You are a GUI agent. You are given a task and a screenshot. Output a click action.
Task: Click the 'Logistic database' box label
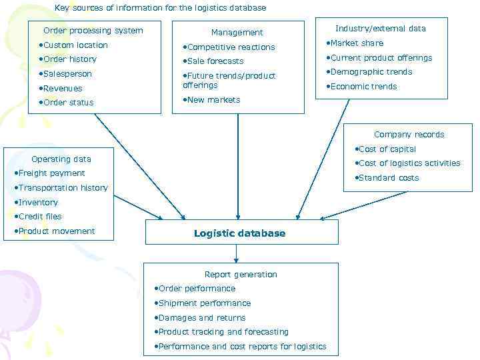pyautogui.click(x=240, y=233)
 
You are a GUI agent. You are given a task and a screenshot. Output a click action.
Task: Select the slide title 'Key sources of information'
pyautogui.click(x=160, y=8)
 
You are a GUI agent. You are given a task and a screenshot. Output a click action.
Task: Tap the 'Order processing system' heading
pyautogui.click(x=93, y=31)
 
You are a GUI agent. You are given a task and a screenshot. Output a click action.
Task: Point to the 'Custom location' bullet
pyautogui.click(x=75, y=45)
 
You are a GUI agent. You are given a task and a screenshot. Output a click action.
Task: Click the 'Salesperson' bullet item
pyautogui.click(x=67, y=74)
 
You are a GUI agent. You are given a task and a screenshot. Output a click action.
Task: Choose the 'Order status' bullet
pyautogui.click(x=68, y=103)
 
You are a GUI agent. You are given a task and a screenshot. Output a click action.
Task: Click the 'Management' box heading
pyautogui.click(x=237, y=33)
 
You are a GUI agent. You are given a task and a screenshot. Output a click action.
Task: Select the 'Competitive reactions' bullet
pyautogui.click(x=231, y=47)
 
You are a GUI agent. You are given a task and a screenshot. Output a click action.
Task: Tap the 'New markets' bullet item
pyautogui.click(x=213, y=100)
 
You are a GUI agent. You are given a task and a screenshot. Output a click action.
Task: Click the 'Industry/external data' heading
pyautogui.click(x=381, y=29)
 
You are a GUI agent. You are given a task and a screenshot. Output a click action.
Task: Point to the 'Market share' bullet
pyautogui.click(x=356, y=43)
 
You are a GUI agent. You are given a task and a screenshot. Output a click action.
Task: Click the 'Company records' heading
pyautogui.click(x=409, y=135)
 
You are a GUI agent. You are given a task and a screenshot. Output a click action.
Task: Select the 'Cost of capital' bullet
pyautogui.click(x=387, y=149)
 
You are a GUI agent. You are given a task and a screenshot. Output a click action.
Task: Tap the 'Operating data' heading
pyautogui.click(x=61, y=159)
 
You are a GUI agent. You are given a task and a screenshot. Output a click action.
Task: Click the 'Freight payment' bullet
pyautogui.click(x=51, y=173)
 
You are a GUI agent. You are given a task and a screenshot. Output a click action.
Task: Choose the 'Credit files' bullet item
pyautogui.click(x=39, y=217)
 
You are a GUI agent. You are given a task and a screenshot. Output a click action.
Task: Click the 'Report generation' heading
pyautogui.click(x=241, y=275)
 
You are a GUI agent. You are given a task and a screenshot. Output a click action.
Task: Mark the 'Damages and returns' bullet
pyautogui.click(x=201, y=318)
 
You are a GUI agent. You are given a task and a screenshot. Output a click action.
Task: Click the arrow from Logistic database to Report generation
pyautogui.click(x=236, y=253)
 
